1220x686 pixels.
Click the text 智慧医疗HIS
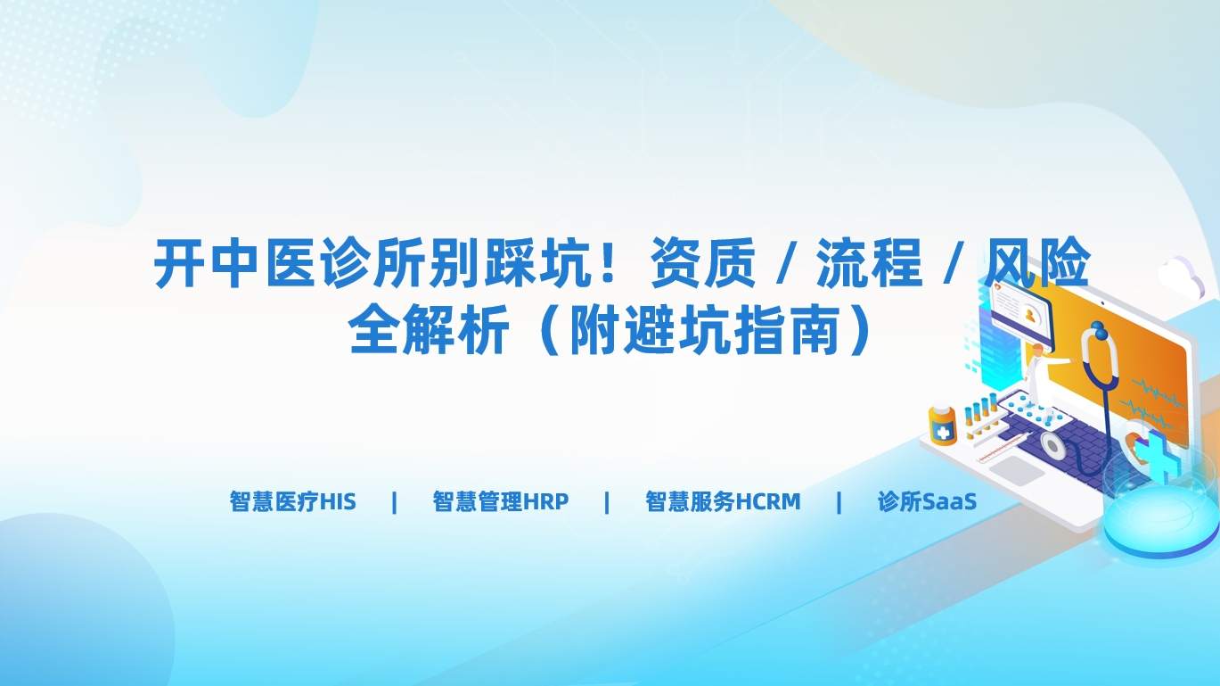292,501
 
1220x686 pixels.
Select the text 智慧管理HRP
501,501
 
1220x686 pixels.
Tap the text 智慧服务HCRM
723,501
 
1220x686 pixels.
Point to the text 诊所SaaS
927,501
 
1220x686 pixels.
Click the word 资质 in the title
703,263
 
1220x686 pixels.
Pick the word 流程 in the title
869,263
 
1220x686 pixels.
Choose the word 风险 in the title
1036,263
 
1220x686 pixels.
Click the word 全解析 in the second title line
429,329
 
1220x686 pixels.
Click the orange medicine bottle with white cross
942,426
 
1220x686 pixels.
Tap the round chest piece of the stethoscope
1052,447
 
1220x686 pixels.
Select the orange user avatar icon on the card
1030,316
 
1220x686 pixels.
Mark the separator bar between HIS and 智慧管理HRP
394,501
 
